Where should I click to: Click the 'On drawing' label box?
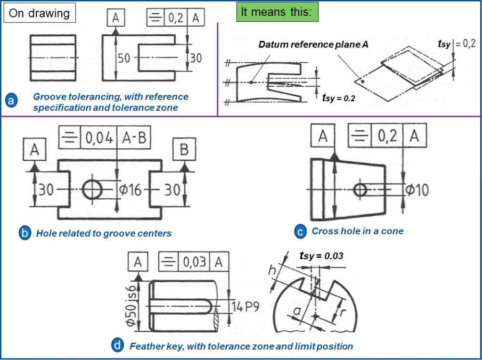tap(40, 13)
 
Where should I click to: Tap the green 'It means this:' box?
tap(277, 12)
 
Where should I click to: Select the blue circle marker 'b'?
tap(24, 233)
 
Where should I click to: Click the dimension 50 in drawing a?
tap(123, 58)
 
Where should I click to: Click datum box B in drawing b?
tap(184, 150)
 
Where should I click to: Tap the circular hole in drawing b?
tap(92, 190)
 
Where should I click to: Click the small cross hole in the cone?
tap(361, 190)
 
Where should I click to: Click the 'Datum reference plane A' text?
tap(313, 45)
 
